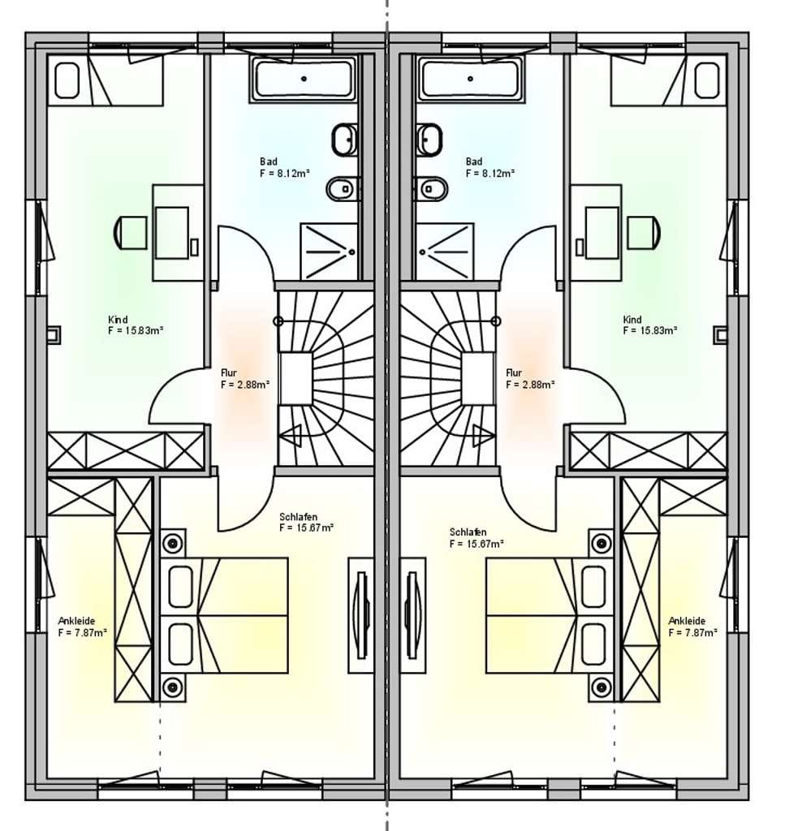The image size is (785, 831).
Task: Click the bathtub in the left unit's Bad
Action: [303, 80]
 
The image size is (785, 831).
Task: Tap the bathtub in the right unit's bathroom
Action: [470, 80]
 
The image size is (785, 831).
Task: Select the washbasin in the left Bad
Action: [345, 140]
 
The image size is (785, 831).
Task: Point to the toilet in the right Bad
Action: [431, 188]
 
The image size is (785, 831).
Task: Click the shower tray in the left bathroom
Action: [329, 252]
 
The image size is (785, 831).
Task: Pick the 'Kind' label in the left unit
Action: [118, 320]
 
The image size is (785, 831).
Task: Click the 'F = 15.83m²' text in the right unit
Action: [650, 331]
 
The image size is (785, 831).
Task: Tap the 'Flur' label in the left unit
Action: [229, 372]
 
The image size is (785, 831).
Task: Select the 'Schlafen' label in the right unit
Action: [468, 532]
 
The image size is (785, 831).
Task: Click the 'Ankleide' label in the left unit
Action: [77, 621]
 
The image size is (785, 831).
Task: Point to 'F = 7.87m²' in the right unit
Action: [692, 633]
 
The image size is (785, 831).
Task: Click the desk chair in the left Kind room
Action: [131, 232]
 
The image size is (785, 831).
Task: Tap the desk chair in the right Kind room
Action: [644, 232]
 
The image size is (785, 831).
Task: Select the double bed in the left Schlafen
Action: [224, 615]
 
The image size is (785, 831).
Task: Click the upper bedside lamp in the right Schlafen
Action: [602, 543]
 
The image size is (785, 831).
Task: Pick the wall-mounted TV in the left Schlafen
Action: [362, 615]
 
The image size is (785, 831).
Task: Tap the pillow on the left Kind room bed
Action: [67, 80]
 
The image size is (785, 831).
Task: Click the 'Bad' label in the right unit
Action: [474, 161]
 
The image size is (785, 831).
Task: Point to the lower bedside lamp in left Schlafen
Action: [173, 687]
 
